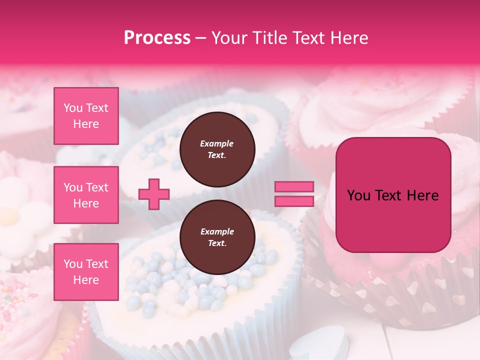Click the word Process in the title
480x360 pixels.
pyautogui.click(x=157, y=38)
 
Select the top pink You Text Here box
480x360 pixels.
pyautogui.click(x=86, y=116)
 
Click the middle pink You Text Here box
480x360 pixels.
pyautogui.click(x=86, y=195)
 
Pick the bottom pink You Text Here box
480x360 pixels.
pyautogui.click(x=86, y=272)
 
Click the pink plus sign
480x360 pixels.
pyautogui.click(x=154, y=194)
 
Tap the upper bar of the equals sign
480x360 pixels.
pyautogui.click(x=294, y=187)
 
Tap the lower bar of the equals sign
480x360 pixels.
pyautogui.click(x=294, y=201)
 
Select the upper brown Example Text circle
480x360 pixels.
pyautogui.click(x=217, y=149)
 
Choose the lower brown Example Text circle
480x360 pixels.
pyautogui.click(x=217, y=237)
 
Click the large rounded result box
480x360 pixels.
pyautogui.click(x=393, y=195)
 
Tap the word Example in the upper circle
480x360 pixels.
pyautogui.click(x=217, y=143)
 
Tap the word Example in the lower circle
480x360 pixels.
pyautogui.click(x=217, y=231)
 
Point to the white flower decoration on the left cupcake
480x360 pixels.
pyautogui.click(x=15, y=210)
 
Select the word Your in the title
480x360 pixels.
pyautogui.click(x=228, y=38)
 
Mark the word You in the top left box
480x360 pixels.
pyautogui.click(x=72, y=108)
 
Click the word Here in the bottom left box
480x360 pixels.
pyautogui.click(x=86, y=280)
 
